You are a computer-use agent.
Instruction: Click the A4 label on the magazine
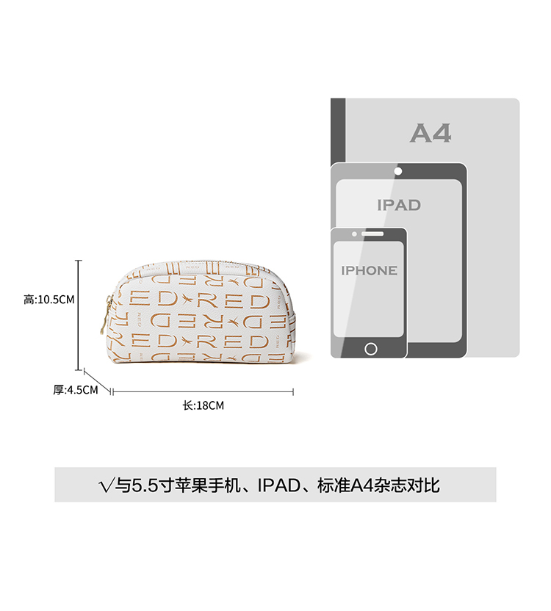coord(431,133)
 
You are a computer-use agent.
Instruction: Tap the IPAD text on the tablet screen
coord(399,205)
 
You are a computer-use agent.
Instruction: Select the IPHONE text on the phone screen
coord(369,270)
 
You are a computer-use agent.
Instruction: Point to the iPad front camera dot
coord(398,171)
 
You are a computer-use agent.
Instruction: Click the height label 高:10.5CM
coord(49,299)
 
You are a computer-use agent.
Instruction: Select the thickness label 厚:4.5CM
coord(75,390)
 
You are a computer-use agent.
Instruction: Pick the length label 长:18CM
coord(203,405)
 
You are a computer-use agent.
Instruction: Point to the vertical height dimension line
coord(79,316)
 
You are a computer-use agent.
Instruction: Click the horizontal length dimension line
coord(202,392)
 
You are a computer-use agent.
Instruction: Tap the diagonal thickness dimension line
coord(97,381)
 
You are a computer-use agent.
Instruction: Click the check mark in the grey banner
coord(106,485)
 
